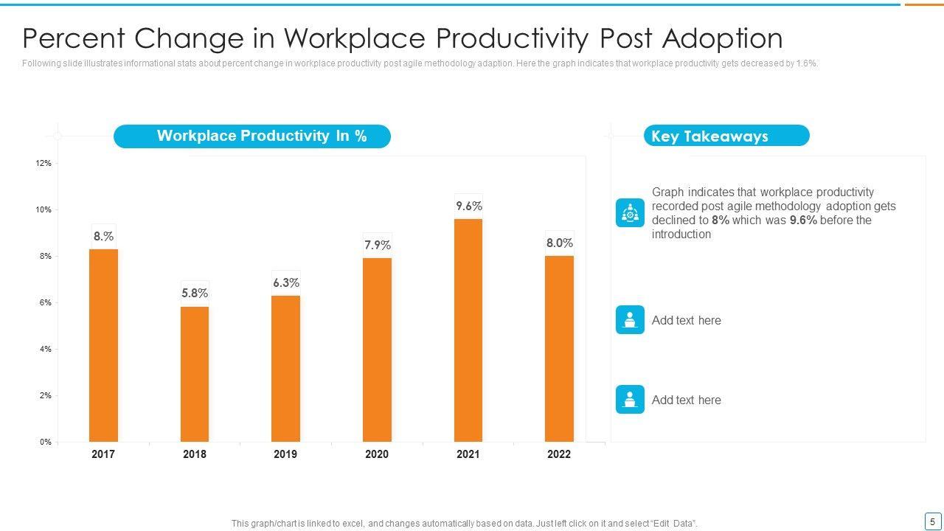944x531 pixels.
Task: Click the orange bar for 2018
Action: point(195,374)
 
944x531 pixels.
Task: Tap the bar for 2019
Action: point(285,369)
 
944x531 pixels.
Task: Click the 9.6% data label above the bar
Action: point(468,206)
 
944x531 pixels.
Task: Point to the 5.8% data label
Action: point(195,294)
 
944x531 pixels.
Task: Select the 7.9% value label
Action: point(377,245)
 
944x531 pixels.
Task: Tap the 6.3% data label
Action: point(285,283)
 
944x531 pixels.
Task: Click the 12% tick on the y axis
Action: point(44,164)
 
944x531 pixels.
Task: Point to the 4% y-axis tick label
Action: point(45,350)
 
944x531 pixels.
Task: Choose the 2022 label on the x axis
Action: point(558,454)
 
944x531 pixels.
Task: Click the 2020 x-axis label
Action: point(376,454)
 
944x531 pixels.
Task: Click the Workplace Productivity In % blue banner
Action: point(252,136)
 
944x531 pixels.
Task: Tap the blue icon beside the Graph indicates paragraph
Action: point(630,213)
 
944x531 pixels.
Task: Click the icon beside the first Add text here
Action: point(630,320)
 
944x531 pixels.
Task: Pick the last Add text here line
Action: point(686,400)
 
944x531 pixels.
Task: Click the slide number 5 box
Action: point(932,521)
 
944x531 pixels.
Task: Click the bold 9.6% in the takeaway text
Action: point(802,221)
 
